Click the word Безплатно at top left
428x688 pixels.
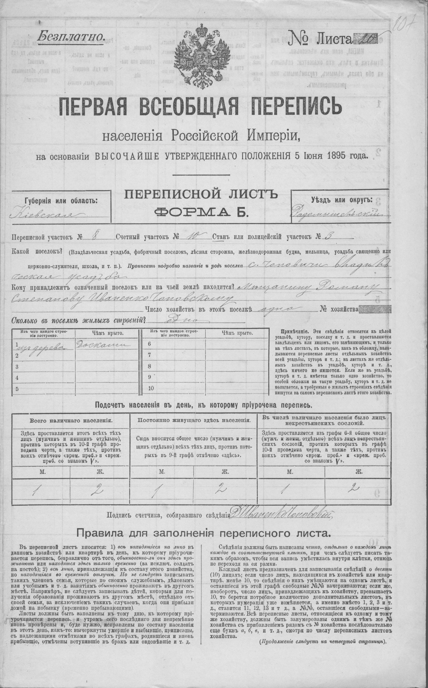[x=71, y=36]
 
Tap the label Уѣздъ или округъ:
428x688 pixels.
[x=341, y=200]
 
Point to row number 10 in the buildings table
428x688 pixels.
[x=151, y=388]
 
